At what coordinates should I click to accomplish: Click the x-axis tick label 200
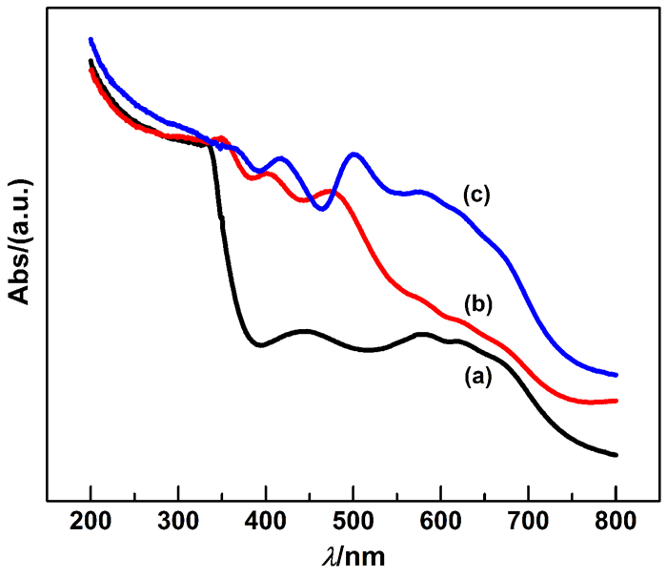pos(91,521)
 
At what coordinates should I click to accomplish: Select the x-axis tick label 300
pos(178,521)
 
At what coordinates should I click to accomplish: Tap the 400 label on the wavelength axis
pos(266,521)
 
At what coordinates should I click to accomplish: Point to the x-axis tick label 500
pos(354,521)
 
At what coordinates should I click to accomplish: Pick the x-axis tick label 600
pos(441,521)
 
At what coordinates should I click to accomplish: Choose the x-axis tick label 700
pos(528,521)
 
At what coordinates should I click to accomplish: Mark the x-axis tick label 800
pos(616,521)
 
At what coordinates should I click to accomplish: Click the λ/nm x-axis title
pos(354,557)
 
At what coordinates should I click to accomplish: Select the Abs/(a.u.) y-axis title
pos(20,240)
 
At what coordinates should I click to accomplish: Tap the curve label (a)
pos(477,378)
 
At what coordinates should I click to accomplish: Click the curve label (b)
pos(478,304)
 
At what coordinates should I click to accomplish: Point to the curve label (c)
pos(476,195)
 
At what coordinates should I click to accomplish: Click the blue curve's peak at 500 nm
pos(354,155)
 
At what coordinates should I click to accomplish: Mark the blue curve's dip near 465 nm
pos(322,209)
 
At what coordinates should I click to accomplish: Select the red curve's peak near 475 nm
pos(330,192)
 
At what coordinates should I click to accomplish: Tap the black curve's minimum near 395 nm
pos(260,344)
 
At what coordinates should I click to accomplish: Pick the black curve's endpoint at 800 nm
pos(616,455)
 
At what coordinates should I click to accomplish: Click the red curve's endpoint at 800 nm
pos(616,401)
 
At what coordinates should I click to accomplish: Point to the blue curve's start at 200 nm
pos(91,40)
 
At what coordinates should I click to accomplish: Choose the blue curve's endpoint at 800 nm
pos(616,375)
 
